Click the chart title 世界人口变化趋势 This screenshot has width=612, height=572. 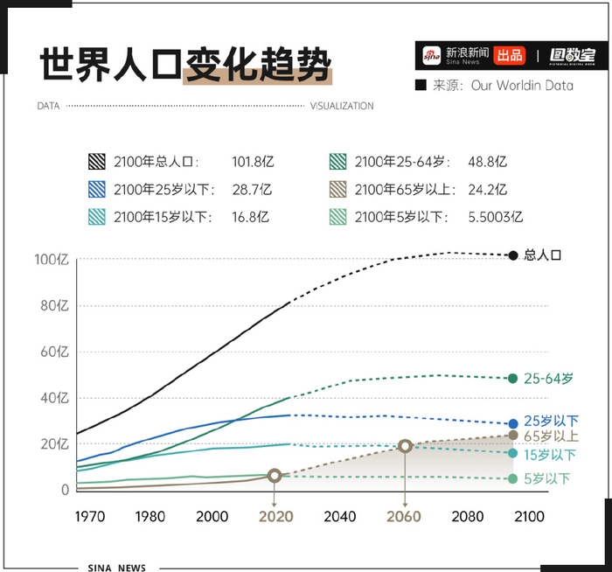point(185,65)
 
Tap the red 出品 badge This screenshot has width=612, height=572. point(510,55)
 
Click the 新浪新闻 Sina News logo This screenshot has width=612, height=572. point(455,55)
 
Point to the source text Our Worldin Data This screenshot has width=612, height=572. point(522,86)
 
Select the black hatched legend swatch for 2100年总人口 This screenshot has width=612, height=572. point(97,162)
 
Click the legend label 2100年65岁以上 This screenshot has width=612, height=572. point(400,190)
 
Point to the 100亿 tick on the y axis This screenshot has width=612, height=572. point(52,260)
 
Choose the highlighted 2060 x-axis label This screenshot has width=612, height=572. point(405,517)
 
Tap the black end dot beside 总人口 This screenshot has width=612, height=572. point(513,255)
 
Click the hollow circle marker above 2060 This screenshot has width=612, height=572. point(405,446)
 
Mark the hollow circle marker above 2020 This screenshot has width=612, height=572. point(275,476)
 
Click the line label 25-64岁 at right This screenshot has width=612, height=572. point(548,379)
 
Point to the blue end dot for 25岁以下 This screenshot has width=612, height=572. point(513,423)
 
